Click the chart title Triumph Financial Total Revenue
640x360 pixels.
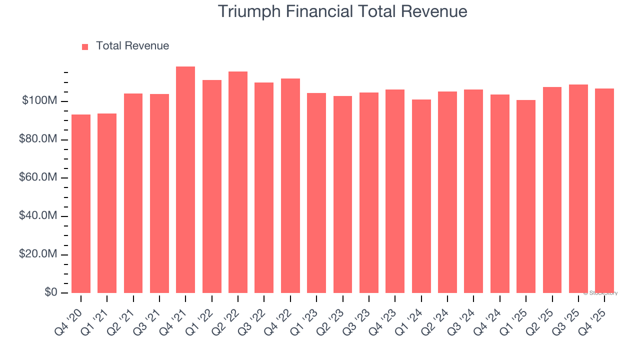click(x=342, y=11)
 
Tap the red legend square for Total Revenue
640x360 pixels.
click(x=85, y=46)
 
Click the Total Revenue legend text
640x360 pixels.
click(x=132, y=46)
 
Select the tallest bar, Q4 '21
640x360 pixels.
click(x=185, y=180)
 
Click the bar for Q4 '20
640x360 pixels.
click(x=81, y=204)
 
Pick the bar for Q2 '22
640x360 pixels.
click(x=238, y=182)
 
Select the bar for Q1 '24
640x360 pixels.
click(x=421, y=196)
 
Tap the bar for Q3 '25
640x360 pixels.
click(x=578, y=189)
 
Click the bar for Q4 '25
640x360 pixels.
click(x=604, y=191)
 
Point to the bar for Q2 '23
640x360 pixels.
click(x=342, y=194)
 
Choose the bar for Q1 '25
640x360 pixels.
click(x=526, y=196)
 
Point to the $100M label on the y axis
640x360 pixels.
click(x=39, y=101)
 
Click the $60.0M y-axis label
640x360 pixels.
click(x=38, y=178)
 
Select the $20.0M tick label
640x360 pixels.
click(x=38, y=254)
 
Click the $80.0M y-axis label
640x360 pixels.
click(x=38, y=139)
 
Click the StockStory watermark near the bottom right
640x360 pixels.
click(x=600, y=293)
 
